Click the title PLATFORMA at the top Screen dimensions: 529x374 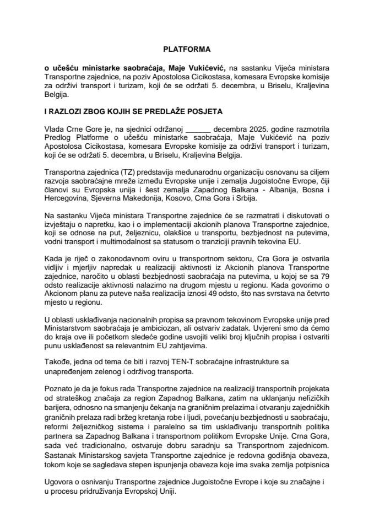187,49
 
